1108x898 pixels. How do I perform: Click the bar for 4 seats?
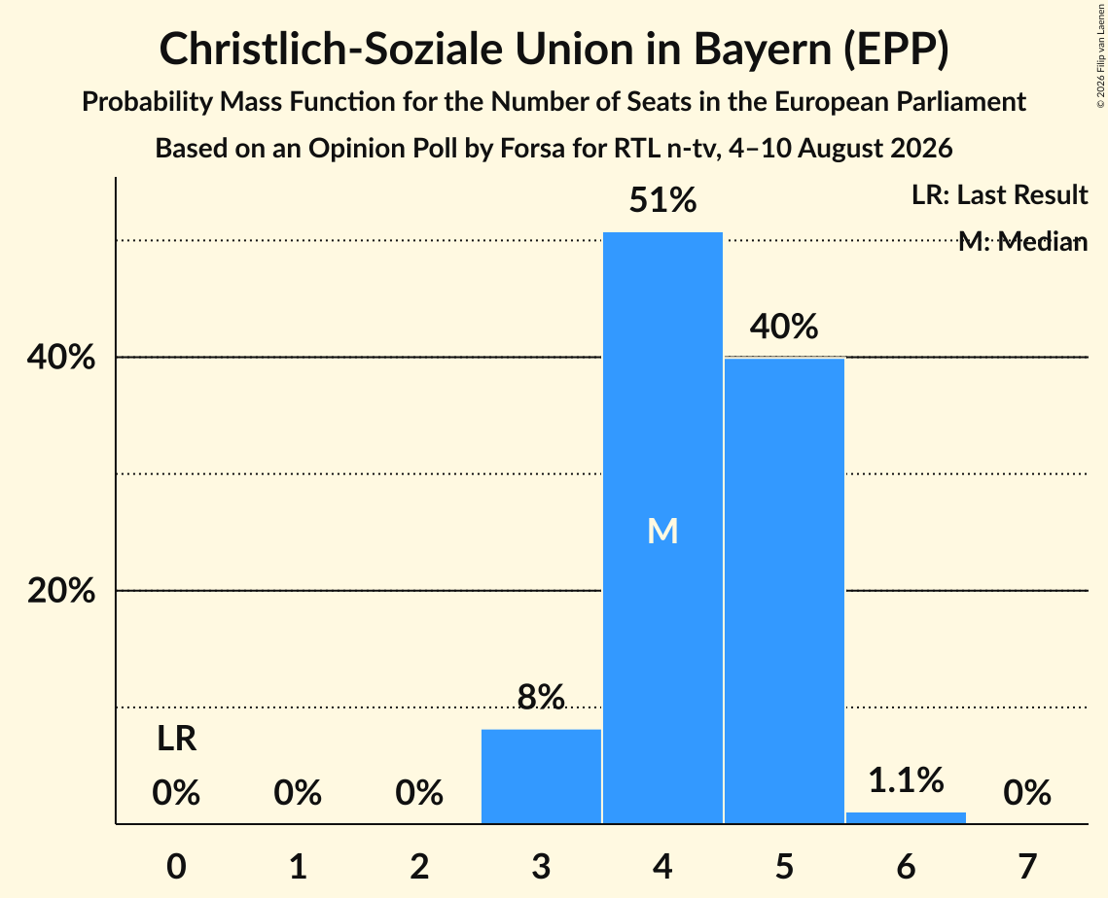(x=662, y=528)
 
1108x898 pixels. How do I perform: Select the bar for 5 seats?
(x=784, y=590)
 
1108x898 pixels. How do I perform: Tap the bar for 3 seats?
(x=541, y=776)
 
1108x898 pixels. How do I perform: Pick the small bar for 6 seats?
(x=906, y=817)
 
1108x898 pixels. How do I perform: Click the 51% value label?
(x=662, y=200)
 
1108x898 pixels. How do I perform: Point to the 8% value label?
(x=541, y=697)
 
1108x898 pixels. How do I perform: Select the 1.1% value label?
(x=906, y=780)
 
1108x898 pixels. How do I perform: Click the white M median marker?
(x=662, y=531)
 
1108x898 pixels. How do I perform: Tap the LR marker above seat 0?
(x=177, y=739)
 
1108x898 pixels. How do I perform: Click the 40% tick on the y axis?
(x=60, y=358)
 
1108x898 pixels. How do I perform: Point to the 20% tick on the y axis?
(x=60, y=590)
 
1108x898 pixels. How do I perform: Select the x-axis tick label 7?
(x=1027, y=866)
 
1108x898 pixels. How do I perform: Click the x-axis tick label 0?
(x=177, y=866)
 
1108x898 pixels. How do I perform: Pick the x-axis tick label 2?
(x=419, y=866)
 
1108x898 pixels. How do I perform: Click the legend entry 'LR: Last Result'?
(x=999, y=194)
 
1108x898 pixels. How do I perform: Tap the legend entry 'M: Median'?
(x=1022, y=241)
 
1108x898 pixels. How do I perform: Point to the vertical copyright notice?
(x=1100, y=56)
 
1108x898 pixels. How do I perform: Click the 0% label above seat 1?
(x=299, y=793)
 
